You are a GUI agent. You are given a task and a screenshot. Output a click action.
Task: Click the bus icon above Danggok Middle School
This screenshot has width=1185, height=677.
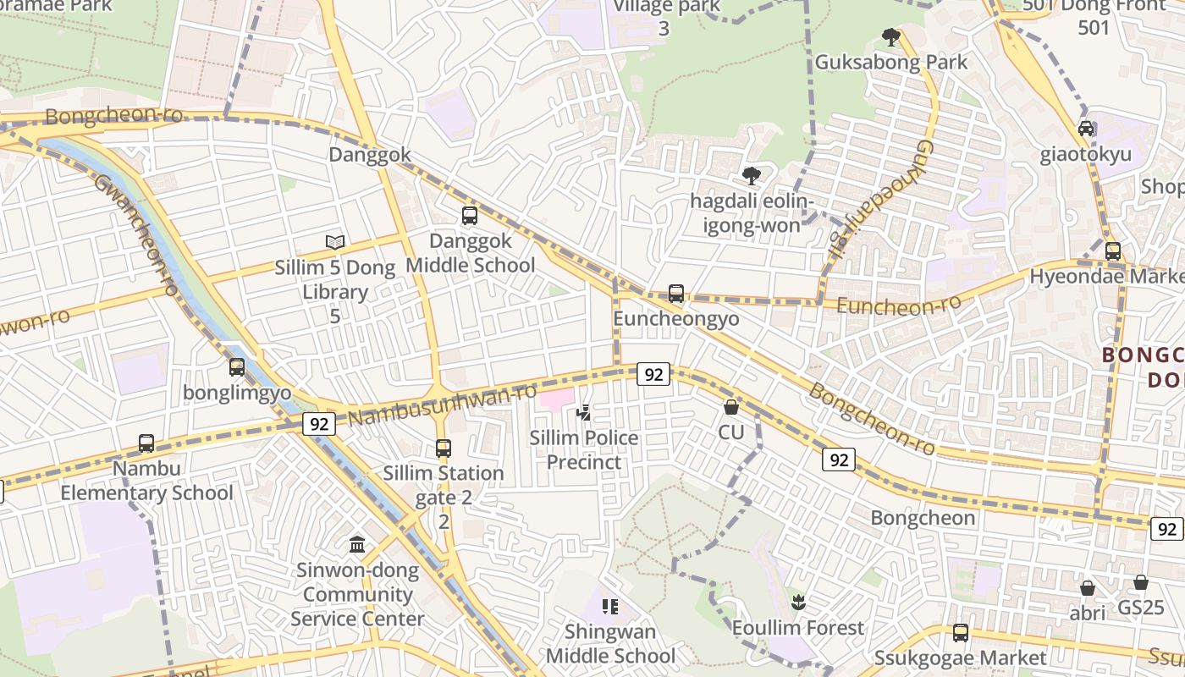[470, 216]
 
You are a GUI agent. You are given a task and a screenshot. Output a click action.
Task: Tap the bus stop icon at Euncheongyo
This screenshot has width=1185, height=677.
[675, 294]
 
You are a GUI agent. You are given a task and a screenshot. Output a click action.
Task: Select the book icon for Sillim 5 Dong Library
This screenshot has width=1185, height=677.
[335, 243]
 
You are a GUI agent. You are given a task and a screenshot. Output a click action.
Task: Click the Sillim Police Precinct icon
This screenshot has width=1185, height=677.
[583, 413]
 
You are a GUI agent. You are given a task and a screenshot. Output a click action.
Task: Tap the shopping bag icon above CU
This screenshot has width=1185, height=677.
[731, 407]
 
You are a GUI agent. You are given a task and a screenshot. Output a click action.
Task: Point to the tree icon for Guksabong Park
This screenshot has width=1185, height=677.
[890, 37]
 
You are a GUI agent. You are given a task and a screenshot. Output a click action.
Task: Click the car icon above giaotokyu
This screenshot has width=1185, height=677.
[1086, 129]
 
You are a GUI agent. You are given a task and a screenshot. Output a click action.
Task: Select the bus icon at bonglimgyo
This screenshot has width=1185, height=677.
[237, 367]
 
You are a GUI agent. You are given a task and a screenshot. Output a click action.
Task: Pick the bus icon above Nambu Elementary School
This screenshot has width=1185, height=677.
[146, 443]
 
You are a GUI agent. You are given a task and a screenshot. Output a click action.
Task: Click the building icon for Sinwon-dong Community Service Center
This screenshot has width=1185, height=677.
[357, 544]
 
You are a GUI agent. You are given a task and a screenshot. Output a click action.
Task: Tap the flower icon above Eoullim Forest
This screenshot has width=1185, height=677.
[797, 603]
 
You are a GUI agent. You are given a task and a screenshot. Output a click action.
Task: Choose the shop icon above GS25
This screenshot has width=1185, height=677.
[1141, 582]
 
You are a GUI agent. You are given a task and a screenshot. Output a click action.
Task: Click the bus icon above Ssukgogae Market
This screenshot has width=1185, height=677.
[960, 632]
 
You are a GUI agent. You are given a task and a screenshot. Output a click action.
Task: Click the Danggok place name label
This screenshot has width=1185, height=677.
[370, 155]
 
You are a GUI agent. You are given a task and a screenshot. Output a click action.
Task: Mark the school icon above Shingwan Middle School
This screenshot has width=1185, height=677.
[609, 607]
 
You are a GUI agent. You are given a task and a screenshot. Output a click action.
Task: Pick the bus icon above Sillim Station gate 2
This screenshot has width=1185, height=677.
[444, 449]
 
